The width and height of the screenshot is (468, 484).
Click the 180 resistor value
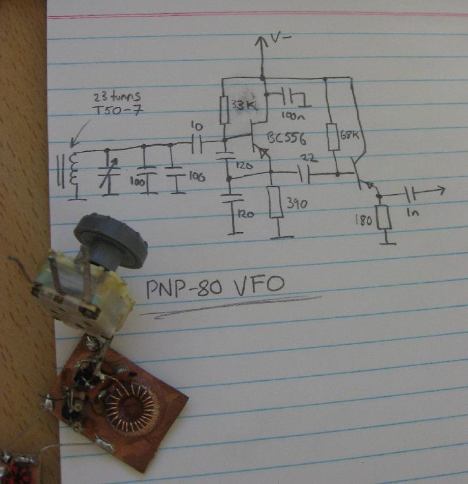tap(363, 220)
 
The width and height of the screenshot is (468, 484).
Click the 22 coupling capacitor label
tap(307, 158)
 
